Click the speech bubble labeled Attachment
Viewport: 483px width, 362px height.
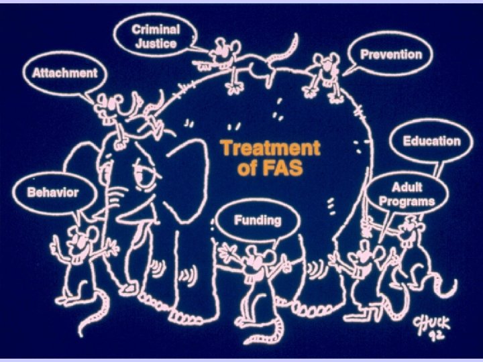60,72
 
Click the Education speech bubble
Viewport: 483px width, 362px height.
431,141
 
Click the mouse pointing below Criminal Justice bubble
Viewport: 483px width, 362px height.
225,57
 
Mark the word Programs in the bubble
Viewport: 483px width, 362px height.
407,200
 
